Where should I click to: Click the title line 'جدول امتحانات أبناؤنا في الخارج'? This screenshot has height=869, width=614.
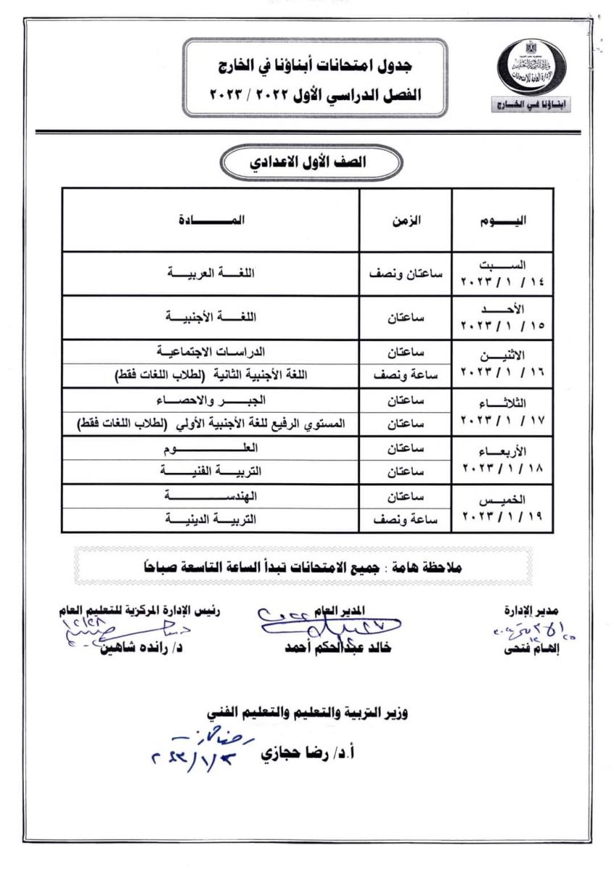click(309, 67)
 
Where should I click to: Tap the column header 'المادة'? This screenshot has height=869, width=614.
click(211, 219)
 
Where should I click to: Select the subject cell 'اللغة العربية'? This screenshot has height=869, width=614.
click(212, 274)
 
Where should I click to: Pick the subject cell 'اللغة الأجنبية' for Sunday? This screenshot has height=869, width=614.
click(212, 317)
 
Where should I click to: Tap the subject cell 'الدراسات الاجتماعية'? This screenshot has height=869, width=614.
click(211, 351)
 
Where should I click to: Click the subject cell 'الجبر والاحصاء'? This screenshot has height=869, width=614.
click(212, 400)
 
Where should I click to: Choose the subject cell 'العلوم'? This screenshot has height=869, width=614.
click(212, 448)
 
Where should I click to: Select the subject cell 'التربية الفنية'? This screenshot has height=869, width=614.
click(212, 472)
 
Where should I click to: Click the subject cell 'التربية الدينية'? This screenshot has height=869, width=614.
click(212, 519)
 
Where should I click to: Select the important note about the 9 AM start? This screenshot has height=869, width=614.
click(308, 568)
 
